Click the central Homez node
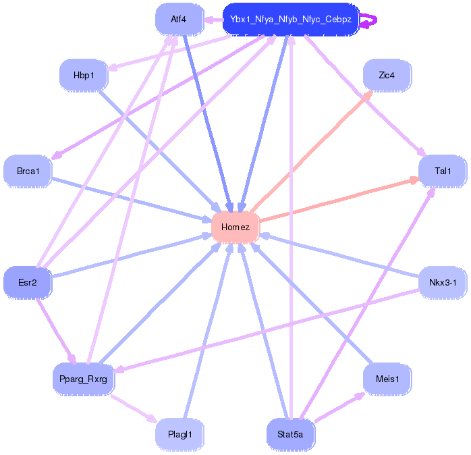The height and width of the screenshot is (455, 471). pyautogui.click(x=235, y=227)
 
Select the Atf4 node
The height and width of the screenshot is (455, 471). pyautogui.click(x=179, y=19)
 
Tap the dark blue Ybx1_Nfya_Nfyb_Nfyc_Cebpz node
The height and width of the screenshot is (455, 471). pyautogui.click(x=291, y=20)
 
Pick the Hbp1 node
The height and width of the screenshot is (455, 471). pyautogui.click(x=84, y=75)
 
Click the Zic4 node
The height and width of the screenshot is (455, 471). pyautogui.click(x=387, y=75)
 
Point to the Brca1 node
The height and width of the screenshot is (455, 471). pyautogui.click(x=28, y=171)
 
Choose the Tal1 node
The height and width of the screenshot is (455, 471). pyautogui.click(x=443, y=171)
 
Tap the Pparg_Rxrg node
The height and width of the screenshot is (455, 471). pyautogui.click(x=84, y=379)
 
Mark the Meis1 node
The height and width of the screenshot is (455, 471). pyautogui.click(x=387, y=379)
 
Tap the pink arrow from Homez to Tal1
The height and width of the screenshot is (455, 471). pyautogui.click(x=337, y=200)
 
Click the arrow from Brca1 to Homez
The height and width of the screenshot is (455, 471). pyautogui.click(x=132, y=198)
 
